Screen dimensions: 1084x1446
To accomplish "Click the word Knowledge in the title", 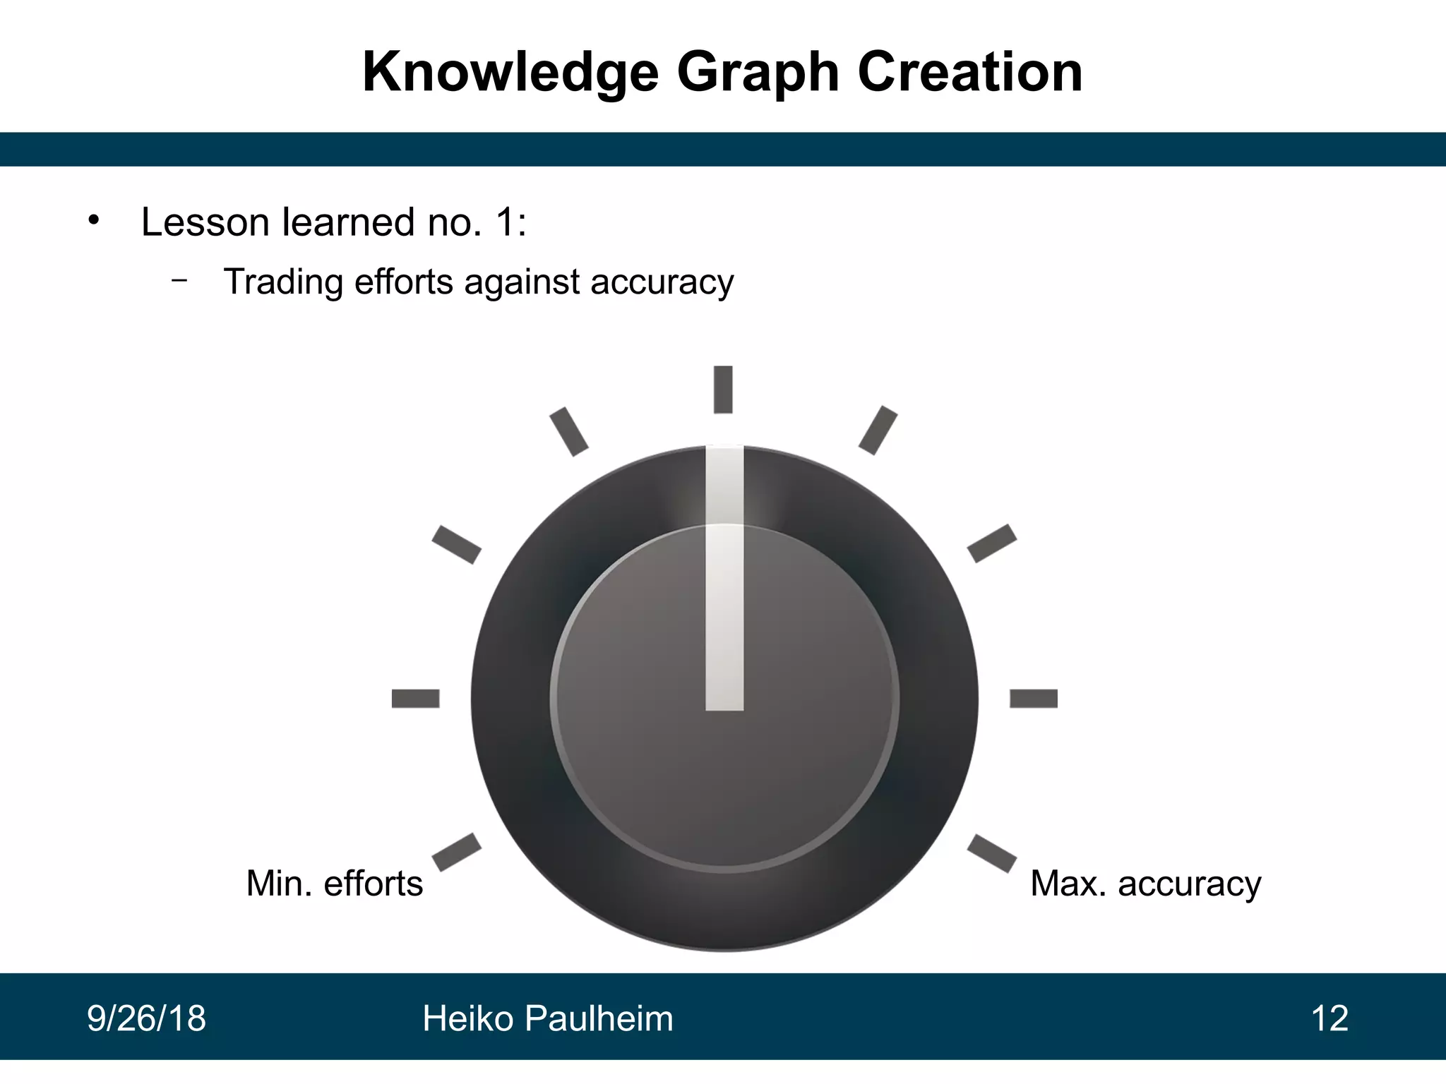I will [x=510, y=73].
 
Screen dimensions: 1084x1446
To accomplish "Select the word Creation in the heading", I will [x=970, y=73].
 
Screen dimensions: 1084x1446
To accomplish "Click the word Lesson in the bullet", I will [x=205, y=222].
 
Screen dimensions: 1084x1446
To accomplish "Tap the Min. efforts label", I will [x=334, y=883].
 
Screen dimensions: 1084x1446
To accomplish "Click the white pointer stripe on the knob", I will [x=724, y=579].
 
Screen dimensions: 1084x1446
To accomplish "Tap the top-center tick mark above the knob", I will [x=723, y=389].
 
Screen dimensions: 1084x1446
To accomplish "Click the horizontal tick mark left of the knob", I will [x=415, y=699].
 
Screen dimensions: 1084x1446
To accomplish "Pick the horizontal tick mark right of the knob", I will [x=1034, y=699].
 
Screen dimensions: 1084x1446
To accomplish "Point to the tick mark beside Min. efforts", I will [x=456, y=852].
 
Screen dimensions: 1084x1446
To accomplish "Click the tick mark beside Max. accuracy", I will [x=992, y=853].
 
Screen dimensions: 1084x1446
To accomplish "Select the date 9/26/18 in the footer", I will [x=146, y=1019].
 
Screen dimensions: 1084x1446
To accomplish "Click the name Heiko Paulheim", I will [x=547, y=1019].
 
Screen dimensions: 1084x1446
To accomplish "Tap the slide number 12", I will [x=1330, y=1019].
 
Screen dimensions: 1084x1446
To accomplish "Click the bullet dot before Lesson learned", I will [x=93, y=220].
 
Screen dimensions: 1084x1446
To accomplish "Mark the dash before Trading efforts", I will [x=179, y=280].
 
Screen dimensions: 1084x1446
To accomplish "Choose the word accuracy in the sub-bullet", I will [x=662, y=282].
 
